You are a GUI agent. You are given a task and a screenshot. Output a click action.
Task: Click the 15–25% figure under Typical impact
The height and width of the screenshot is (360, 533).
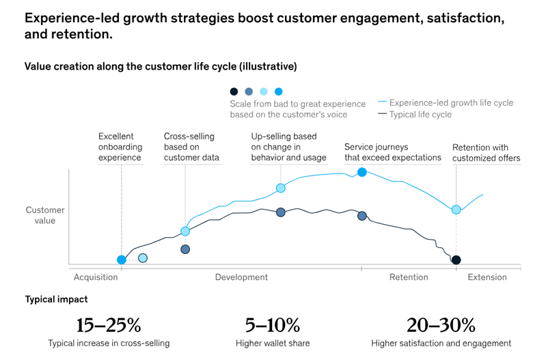point(109,324)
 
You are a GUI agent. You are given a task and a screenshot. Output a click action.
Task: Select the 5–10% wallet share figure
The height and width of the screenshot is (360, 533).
point(272,324)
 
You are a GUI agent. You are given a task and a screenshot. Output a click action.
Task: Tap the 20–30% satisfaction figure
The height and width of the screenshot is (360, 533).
point(441,324)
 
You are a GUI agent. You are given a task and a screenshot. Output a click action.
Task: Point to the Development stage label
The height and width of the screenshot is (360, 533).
point(241,277)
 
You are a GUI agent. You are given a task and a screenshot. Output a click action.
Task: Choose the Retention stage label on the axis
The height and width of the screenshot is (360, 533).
point(409,277)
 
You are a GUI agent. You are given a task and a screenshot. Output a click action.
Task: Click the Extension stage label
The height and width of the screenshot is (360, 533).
point(487,277)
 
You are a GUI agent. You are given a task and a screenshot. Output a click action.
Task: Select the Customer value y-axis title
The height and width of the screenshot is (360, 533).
point(46,215)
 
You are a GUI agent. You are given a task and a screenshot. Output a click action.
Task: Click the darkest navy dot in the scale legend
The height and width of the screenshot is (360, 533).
point(234,92)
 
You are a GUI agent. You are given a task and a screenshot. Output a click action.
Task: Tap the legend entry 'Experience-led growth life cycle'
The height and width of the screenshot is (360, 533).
point(451,103)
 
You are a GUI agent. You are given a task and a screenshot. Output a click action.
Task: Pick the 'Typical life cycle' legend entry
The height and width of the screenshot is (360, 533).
point(420,115)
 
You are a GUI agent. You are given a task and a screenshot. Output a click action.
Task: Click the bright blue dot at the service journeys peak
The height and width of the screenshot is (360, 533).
point(362,172)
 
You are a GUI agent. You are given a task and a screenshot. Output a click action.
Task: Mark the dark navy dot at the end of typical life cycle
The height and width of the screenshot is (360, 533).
point(456,260)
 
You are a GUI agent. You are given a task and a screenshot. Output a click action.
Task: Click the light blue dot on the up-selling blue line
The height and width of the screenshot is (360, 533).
point(280,188)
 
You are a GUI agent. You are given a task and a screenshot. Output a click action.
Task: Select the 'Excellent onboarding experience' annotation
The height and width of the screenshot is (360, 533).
point(120,147)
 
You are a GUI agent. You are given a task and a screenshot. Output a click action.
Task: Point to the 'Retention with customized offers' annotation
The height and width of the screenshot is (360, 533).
point(486,153)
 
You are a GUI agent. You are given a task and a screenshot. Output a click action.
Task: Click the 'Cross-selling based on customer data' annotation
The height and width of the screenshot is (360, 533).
point(191,147)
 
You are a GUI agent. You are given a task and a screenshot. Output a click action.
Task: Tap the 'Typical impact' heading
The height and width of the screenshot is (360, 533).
point(56,299)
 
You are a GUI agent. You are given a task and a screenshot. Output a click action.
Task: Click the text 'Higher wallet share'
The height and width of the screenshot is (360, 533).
point(272,343)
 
